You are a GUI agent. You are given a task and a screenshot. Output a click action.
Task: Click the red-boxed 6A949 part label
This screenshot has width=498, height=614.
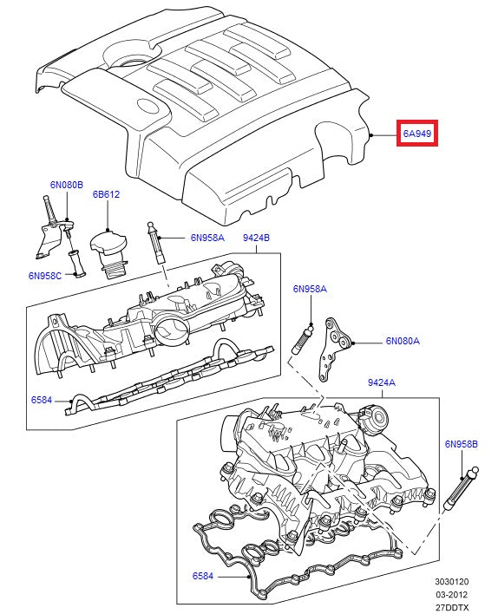click(417, 134)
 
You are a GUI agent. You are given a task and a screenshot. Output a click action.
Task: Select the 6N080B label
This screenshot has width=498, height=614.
click(66, 185)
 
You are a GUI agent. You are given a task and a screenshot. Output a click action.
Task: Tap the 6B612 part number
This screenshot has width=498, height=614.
click(106, 194)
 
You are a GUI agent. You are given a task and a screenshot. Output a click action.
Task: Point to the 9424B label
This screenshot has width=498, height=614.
click(256, 238)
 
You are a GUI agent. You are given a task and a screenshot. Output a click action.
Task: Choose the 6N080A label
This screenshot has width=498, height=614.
click(403, 342)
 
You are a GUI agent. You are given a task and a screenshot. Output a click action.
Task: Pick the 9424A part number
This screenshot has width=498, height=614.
click(381, 382)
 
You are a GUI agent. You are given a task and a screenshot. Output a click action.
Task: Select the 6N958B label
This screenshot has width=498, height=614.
click(462, 444)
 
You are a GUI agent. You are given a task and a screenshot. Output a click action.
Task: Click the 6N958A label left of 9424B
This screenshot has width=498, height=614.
click(207, 238)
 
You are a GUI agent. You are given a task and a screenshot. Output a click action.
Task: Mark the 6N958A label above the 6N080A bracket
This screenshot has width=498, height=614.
click(310, 289)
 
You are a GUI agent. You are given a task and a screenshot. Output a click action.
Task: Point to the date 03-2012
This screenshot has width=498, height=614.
click(451, 595)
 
